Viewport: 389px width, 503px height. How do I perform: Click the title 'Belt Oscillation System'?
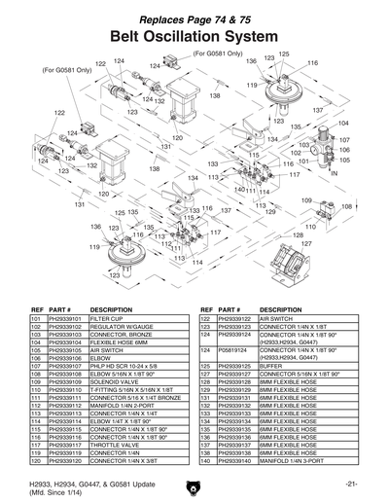coord(194,36)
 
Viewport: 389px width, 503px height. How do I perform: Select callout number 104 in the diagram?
coord(343,125)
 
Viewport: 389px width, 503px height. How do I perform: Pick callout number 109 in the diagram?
coord(305,199)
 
